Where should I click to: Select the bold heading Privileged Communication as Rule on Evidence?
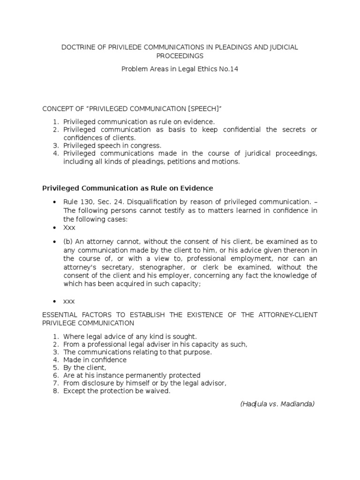tap(128, 188)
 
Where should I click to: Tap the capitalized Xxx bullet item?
tap(70, 227)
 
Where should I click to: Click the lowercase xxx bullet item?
tap(69, 301)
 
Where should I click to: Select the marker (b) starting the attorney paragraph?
tap(68, 241)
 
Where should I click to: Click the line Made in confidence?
tap(95, 360)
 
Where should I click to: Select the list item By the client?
tap(85, 367)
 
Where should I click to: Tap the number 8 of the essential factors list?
tap(55, 391)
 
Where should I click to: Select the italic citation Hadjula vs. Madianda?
tap(277, 404)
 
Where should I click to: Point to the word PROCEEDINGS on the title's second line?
tap(180, 56)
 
